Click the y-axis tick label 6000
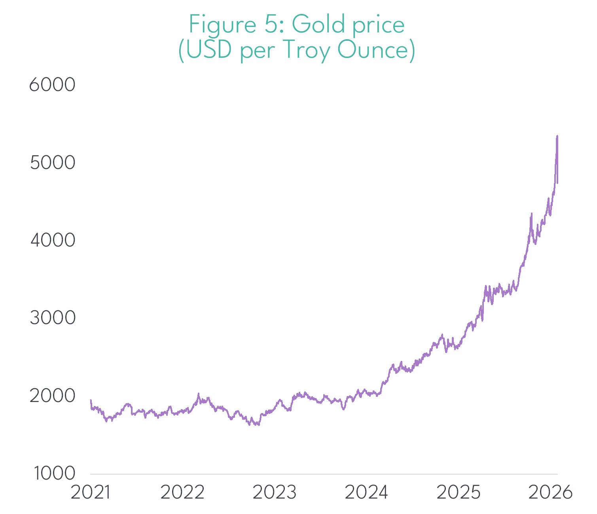[x=52, y=85]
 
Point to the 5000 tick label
[x=53, y=163]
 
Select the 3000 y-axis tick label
[x=53, y=318]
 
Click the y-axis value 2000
[x=53, y=396]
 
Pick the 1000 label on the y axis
[x=54, y=473]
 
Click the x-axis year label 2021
[x=91, y=492]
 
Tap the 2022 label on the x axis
[x=182, y=492]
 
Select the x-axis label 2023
[x=275, y=492]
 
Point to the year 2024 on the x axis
[x=366, y=492]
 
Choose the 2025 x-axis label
[x=459, y=492]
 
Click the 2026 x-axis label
[x=550, y=492]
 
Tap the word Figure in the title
[x=222, y=25]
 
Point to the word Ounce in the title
[x=373, y=51]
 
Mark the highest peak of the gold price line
[x=557, y=136]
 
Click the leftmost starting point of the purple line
[x=91, y=400]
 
